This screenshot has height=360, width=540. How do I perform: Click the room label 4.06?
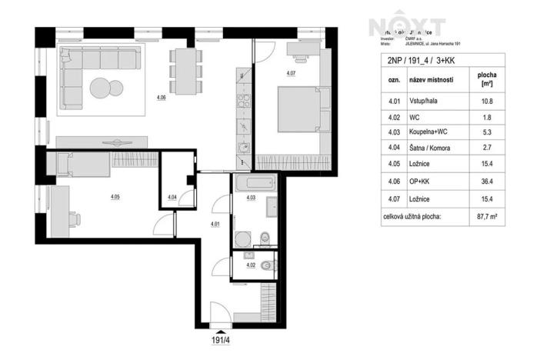[x=161, y=98]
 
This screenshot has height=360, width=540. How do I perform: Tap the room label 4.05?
[x=115, y=197]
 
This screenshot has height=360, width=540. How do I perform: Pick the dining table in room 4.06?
[x=182, y=69]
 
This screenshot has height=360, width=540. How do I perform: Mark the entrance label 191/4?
[x=222, y=337]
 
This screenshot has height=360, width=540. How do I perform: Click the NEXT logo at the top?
[x=407, y=27]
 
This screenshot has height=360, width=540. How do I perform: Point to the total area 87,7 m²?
[x=487, y=218]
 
